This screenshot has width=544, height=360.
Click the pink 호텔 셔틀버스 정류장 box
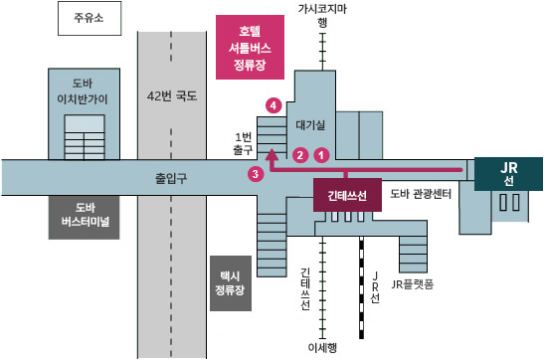click(250, 47)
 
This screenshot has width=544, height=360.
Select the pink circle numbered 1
click(321, 155)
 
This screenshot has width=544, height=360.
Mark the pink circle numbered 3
click(256, 174)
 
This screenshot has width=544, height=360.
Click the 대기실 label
click(311, 126)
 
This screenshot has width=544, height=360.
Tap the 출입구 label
click(171, 178)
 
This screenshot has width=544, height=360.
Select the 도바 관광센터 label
click(421, 194)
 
